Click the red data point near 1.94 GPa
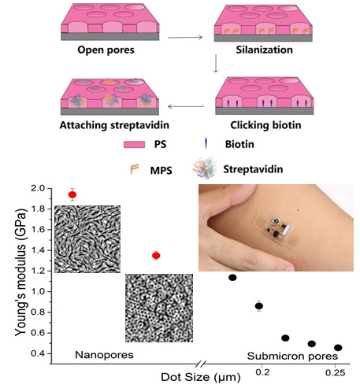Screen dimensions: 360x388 click(72, 194)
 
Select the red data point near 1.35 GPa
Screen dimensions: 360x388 click(156, 256)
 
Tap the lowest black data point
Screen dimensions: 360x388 click(338, 348)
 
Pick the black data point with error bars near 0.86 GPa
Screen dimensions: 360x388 click(259, 306)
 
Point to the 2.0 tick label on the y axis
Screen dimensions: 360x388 click(39, 188)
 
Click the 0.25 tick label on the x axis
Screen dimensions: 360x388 click(336, 373)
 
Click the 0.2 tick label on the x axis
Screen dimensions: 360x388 click(262, 372)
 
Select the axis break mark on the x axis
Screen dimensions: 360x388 click(201, 364)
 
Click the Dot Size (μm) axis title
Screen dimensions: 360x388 click(201, 378)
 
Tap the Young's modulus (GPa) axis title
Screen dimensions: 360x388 click(20, 272)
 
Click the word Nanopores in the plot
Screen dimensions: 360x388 click(104, 355)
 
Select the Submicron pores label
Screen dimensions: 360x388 click(292, 357)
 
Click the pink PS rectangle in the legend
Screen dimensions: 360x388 click(134, 145)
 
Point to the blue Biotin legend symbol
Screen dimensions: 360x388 click(206, 143)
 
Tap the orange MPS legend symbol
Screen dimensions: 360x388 click(134, 169)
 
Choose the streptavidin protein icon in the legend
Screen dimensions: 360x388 click(204, 168)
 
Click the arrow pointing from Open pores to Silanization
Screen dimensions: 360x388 click(185, 38)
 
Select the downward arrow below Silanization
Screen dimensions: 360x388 click(216, 63)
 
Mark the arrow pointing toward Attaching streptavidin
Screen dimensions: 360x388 click(186, 106)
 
